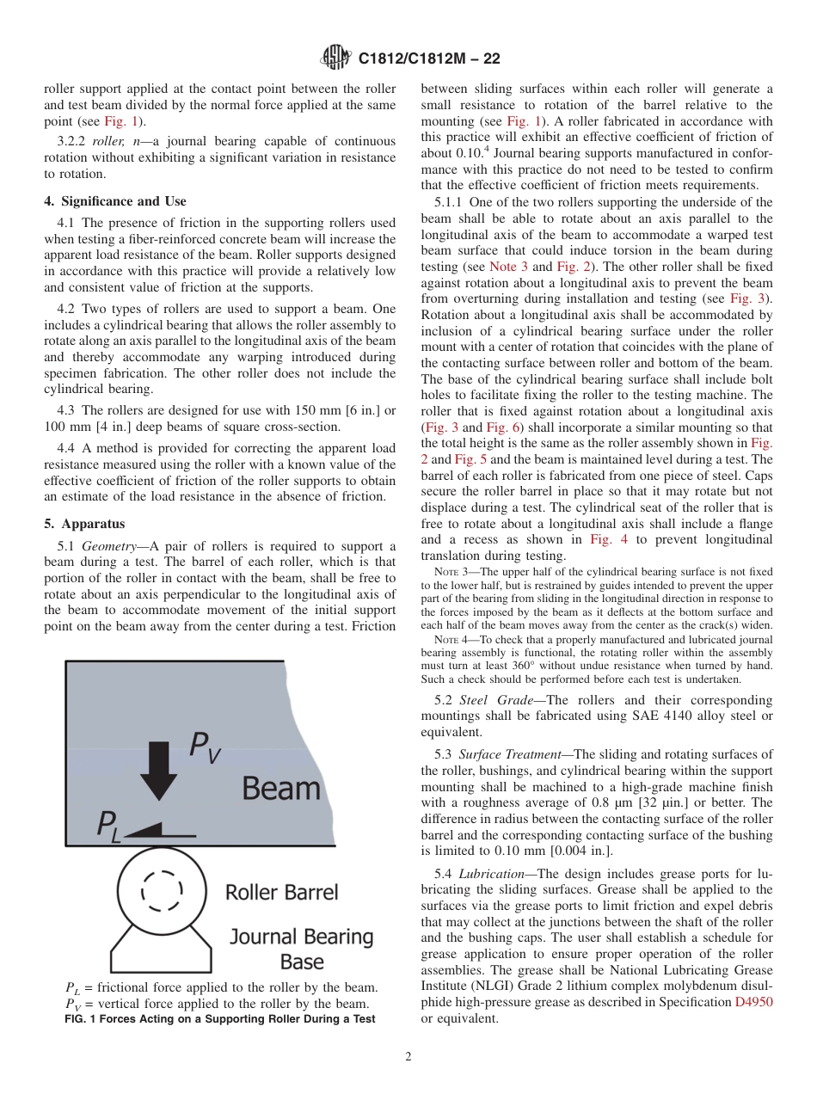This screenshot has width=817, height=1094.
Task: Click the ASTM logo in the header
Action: [335, 58]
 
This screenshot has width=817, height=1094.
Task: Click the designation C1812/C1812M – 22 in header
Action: [428, 59]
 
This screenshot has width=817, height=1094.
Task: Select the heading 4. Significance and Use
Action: [114, 201]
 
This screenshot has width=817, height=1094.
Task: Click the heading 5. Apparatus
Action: [84, 524]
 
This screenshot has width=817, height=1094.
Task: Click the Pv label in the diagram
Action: [205, 746]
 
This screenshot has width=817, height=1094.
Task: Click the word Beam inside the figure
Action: [280, 787]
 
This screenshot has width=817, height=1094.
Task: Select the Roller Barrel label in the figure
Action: [281, 893]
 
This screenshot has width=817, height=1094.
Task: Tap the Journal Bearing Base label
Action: [301, 948]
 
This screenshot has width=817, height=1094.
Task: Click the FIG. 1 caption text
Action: [220, 1019]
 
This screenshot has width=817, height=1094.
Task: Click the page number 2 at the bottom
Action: [408, 1057]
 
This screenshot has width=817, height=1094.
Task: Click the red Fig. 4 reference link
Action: [607, 539]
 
